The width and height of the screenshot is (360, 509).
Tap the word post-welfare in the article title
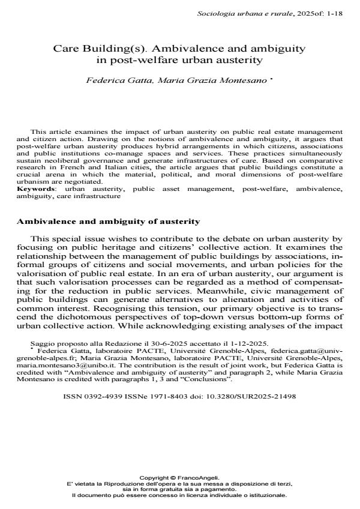point(133,59)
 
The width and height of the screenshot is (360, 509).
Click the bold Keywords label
point(35,189)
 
